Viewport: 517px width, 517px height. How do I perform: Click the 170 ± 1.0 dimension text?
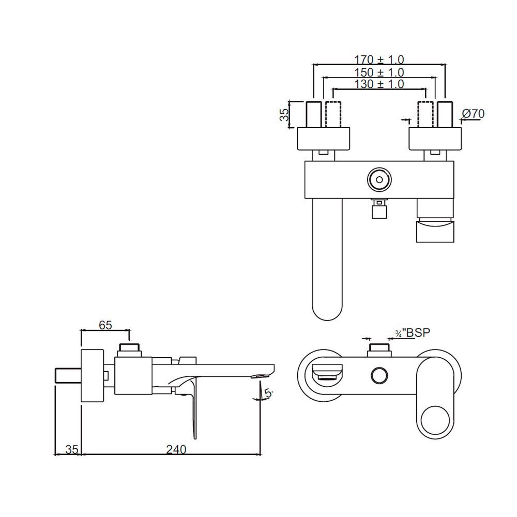click(379, 59)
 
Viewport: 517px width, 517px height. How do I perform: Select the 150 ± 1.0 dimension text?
click(379, 72)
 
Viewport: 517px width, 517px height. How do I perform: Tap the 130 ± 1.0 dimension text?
click(379, 84)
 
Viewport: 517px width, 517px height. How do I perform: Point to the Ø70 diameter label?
click(473, 113)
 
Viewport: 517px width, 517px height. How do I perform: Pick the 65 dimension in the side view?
click(105, 325)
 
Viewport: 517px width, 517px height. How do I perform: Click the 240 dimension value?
click(176, 450)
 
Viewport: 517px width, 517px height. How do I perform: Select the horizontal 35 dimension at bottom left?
click(72, 450)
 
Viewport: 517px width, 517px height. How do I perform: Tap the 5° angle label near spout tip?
click(268, 394)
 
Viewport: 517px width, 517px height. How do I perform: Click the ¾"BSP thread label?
click(413, 333)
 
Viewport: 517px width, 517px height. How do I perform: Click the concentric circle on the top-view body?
click(379, 180)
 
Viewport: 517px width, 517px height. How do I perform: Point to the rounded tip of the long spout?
click(328, 310)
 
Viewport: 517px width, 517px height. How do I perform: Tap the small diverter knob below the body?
click(380, 209)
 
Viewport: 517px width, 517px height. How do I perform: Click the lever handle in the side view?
click(192, 408)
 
